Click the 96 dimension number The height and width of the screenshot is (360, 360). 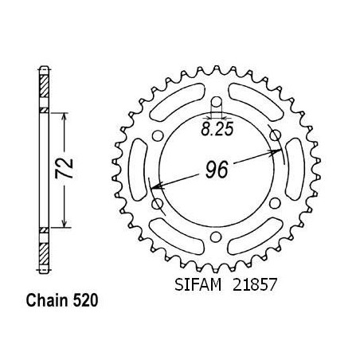coord(217,170)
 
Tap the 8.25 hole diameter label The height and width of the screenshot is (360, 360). coord(217,129)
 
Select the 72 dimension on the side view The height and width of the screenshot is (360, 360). coord(64,168)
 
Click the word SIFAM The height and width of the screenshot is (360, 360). coord(198,284)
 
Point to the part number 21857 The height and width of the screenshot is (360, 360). coord(255,284)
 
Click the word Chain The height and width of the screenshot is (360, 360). coord(47,300)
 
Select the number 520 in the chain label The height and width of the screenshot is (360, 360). coord(85,300)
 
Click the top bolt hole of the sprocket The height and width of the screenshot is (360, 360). coord(217,102)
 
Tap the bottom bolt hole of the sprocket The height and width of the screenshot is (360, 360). coord(216,237)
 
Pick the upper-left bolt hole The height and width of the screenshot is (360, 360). coord(158,135)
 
